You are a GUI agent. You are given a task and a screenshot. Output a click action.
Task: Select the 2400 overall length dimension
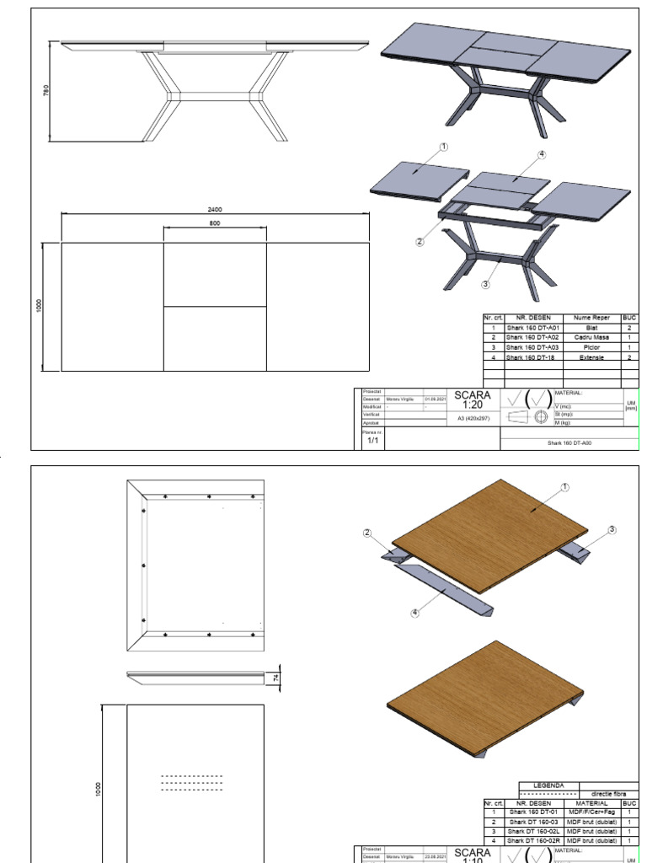[x=215, y=209]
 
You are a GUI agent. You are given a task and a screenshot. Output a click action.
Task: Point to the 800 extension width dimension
[x=215, y=223]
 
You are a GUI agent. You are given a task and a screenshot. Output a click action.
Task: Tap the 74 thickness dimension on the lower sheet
[x=276, y=677]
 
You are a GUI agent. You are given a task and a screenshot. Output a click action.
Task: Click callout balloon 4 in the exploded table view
[x=542, y=154]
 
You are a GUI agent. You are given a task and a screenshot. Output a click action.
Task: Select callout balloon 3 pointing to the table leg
[x=485, y=284]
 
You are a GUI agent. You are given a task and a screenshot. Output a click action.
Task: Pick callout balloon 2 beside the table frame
[x=419, y=241]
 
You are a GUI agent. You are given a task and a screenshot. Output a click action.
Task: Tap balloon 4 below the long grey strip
[x=414, y=613]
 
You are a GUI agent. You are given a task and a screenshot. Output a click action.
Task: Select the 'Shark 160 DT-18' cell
[x=532, y=357]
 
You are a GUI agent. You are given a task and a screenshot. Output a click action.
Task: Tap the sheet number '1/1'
[x=372, y=440]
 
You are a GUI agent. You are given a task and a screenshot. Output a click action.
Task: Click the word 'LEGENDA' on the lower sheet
[x=548, y=785]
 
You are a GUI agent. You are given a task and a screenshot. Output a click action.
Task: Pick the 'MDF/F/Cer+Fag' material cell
[x=592, y=812]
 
